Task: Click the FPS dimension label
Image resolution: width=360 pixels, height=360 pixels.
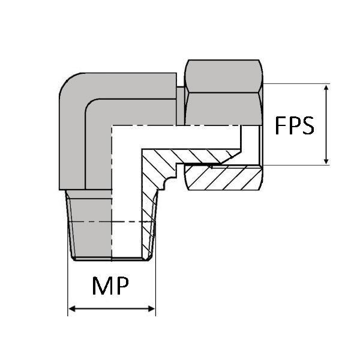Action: pos(295,125)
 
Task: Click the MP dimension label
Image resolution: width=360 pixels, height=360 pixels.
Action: pos(110,286)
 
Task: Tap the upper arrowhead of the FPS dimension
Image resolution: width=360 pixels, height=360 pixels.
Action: pos(326,88)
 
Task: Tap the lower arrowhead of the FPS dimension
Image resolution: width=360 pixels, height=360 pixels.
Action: pos(326,161)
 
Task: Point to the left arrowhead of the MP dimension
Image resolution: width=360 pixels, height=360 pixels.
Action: pos(72,309)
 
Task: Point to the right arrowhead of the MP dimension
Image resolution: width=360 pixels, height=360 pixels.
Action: pos(152,309)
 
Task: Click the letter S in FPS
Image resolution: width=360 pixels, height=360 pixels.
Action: pos(308,125)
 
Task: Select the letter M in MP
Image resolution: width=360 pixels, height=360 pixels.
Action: pos(102,286)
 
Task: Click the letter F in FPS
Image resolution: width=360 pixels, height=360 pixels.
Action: pos(280,125)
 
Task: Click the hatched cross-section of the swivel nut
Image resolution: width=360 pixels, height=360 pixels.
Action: pos(224,178)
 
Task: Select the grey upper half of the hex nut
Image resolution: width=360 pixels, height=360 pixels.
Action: pos(224,76)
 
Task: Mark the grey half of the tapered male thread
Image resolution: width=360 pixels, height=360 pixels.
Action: pos(89,225)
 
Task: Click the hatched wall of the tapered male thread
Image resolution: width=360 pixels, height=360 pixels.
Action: pos(149,225)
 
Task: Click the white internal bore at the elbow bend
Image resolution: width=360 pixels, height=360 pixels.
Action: pos(126,137)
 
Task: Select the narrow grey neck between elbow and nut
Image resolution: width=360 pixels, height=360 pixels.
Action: pos(181,106)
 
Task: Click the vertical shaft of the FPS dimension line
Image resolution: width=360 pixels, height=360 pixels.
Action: pos(326,124)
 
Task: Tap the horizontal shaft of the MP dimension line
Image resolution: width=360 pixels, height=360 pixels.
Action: pos(112,309)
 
